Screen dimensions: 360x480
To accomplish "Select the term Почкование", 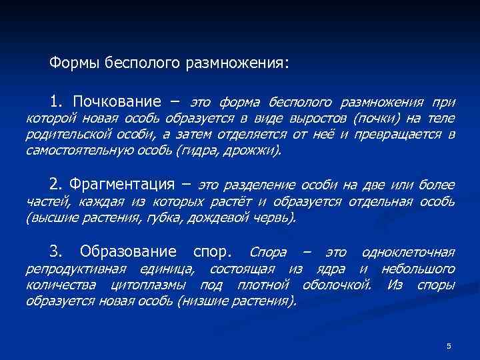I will point(117,102).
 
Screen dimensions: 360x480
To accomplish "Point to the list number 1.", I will point(55,102).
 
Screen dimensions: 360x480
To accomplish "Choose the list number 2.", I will point(55,184).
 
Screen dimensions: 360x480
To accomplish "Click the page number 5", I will point(449,345).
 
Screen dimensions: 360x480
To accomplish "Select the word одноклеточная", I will point(408,253).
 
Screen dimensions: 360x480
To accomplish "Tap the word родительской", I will point(66,135).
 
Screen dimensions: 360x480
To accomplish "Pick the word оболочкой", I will point(337,285).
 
